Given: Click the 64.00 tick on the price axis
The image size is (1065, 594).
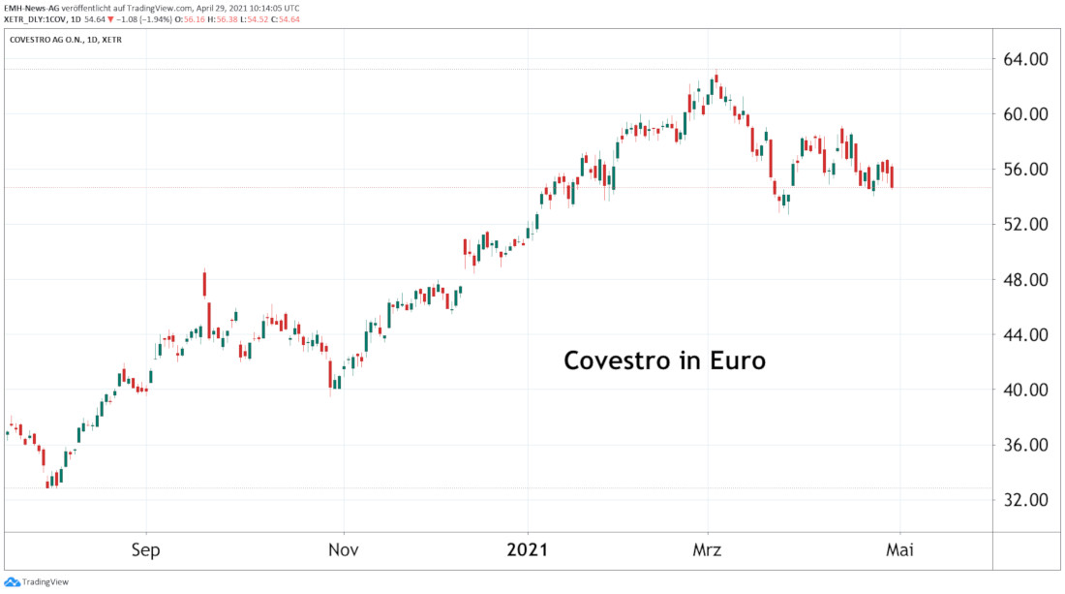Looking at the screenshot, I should click(1026, 59).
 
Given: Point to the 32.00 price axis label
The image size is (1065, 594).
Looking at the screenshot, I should click(1026, 501).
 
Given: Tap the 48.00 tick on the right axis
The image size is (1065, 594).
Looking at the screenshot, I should click(1026, 280).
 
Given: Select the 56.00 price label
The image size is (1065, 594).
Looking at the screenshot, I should click(1026, 170).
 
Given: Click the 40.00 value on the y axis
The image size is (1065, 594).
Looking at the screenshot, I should click(1026, 391).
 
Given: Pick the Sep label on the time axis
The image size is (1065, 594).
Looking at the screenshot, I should click(146, 549).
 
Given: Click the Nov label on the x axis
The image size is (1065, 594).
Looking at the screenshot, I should click(344, 549).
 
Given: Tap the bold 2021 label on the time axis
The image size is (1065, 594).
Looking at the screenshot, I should click(529, 549).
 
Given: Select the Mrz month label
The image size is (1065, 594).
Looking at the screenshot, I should click(708, 549).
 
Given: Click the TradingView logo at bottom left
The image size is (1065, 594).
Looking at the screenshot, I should click(28, 581).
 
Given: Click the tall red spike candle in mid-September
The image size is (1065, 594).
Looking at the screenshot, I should click(205, 283).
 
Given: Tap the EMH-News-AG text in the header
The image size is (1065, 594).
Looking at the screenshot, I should click(32, 7).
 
